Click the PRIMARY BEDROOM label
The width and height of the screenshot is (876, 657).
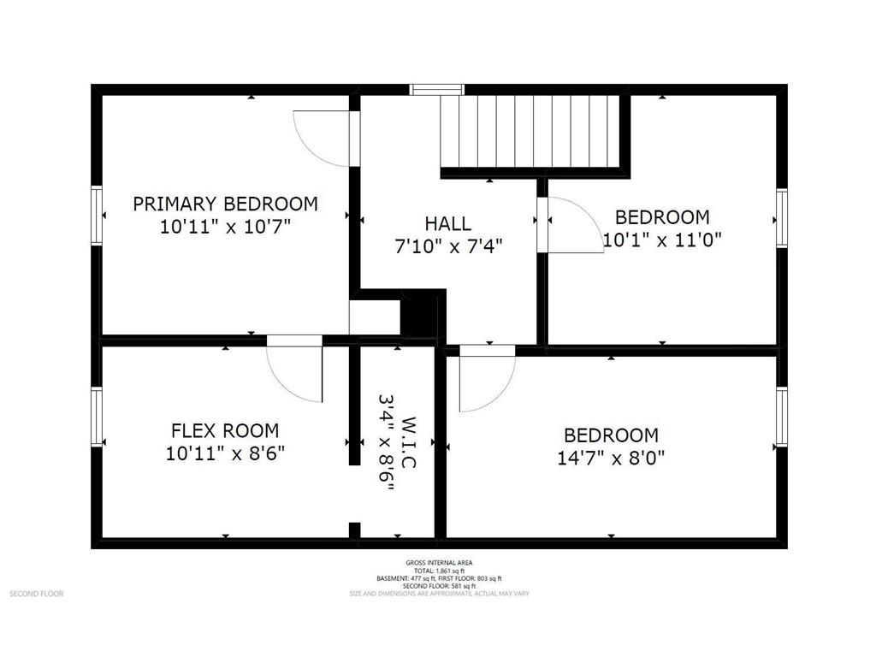click(225, 204)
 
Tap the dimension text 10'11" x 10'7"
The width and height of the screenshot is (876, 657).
click(225, 228)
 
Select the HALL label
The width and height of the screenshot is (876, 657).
click(447, 224)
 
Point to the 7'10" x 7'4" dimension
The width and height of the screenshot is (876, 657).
click(447, 246)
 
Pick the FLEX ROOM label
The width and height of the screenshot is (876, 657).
click(224, 430)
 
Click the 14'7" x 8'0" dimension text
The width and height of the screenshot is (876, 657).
click(611, 458)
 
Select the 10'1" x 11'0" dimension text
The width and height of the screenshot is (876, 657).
click(662, 240)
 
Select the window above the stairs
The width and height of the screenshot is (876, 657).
click(437, 89)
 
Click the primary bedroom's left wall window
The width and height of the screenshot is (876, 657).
click(97, 216)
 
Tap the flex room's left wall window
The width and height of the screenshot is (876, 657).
click(97, 416)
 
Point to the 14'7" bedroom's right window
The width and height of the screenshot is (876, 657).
click(781, 417)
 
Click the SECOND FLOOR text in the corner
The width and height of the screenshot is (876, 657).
click(36, 593)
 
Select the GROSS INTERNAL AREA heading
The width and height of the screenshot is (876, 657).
click(437, 562)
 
